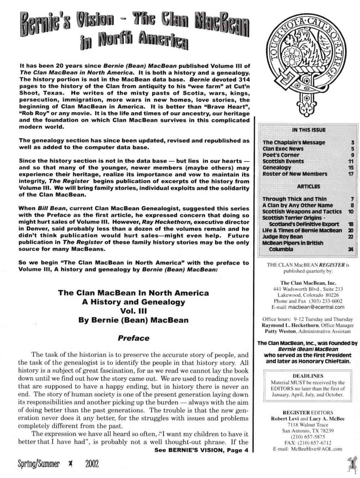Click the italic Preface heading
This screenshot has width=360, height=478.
133,338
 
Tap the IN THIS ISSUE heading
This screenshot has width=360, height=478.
309,130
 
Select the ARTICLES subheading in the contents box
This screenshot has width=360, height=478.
309,186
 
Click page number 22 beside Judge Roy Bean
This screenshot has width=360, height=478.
351,237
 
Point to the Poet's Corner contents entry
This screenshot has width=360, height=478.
281,155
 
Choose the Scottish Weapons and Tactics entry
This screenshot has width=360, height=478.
302,211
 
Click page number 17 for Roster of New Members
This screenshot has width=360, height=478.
351,174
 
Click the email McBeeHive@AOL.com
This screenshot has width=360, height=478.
312,449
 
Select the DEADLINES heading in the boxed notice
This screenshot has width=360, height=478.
308,376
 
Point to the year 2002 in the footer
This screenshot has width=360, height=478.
92,464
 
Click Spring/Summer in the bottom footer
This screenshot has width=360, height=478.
39,464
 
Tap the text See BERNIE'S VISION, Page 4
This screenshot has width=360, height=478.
201,450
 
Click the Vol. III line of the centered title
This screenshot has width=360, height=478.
133,311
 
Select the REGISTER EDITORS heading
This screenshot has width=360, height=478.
308,413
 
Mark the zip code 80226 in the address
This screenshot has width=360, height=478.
331,295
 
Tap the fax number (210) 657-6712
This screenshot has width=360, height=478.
316,443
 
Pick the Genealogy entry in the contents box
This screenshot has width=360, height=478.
277,168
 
